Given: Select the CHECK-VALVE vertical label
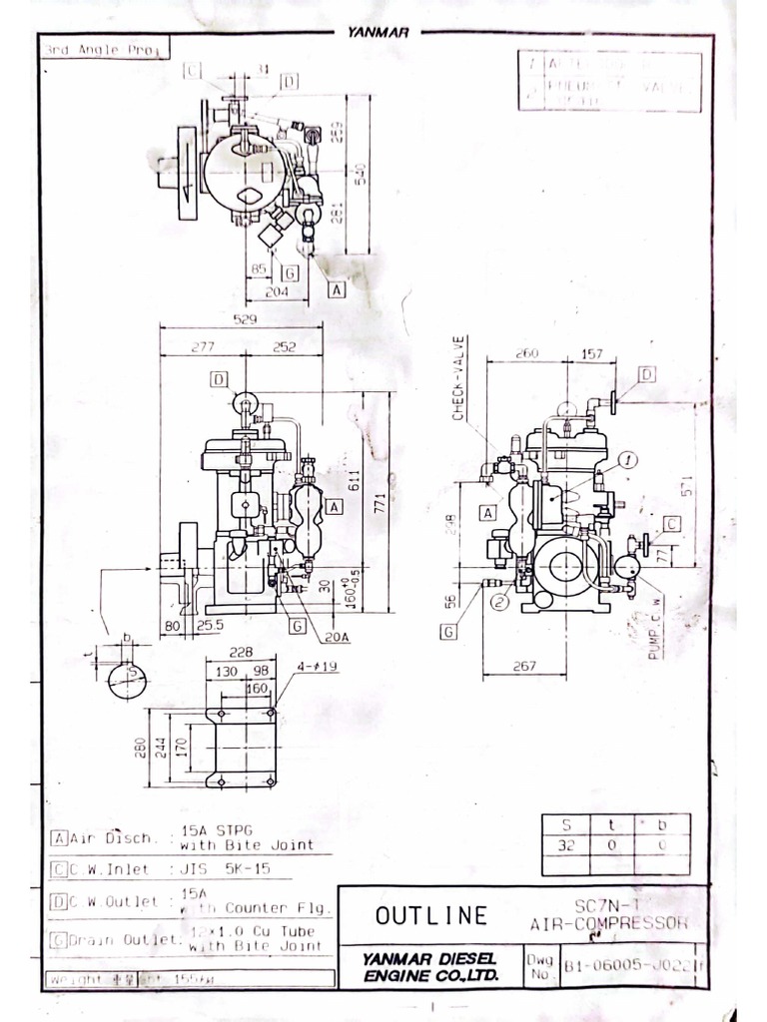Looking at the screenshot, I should (x=458, y=378).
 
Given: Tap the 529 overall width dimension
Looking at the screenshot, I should (x=243, y=319).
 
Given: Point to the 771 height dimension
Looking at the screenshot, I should (x=379, y=504).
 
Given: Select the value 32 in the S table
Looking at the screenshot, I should (x=566, y=844).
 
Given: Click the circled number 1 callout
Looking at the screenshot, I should (x=626, y=459).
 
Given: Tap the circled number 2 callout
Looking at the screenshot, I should (x=500, y=601).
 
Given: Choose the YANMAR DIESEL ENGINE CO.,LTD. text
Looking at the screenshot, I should (x=429, y=966).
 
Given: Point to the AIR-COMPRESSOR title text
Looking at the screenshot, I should (x=609, y=923).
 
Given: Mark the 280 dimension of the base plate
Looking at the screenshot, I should (x=141, y=747).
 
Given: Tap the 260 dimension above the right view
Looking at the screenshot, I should (x=526, y=353).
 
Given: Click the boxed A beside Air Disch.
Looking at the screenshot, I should (x=59, y=837).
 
